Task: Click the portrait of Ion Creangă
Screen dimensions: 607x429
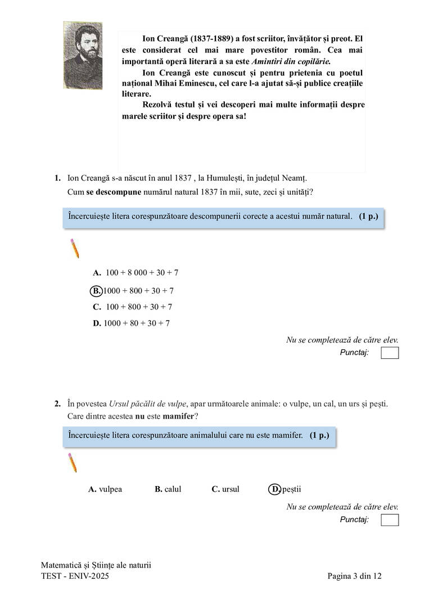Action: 83,56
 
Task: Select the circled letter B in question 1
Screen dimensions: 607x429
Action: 96,291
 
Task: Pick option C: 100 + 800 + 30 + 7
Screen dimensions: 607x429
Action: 133,307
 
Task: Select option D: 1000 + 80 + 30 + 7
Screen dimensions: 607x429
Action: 132,323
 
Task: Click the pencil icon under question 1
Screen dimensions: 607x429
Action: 74,248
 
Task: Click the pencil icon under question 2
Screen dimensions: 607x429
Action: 72,462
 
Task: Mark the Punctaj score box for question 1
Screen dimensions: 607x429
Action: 389,353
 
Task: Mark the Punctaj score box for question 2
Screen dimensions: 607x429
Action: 389,520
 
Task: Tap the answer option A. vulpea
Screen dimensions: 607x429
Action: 105,489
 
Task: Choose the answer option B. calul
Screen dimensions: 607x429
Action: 168,489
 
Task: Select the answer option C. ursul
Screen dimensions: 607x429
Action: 225,489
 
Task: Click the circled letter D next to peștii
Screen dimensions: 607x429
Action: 275,489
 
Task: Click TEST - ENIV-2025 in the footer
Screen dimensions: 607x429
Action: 75,576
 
